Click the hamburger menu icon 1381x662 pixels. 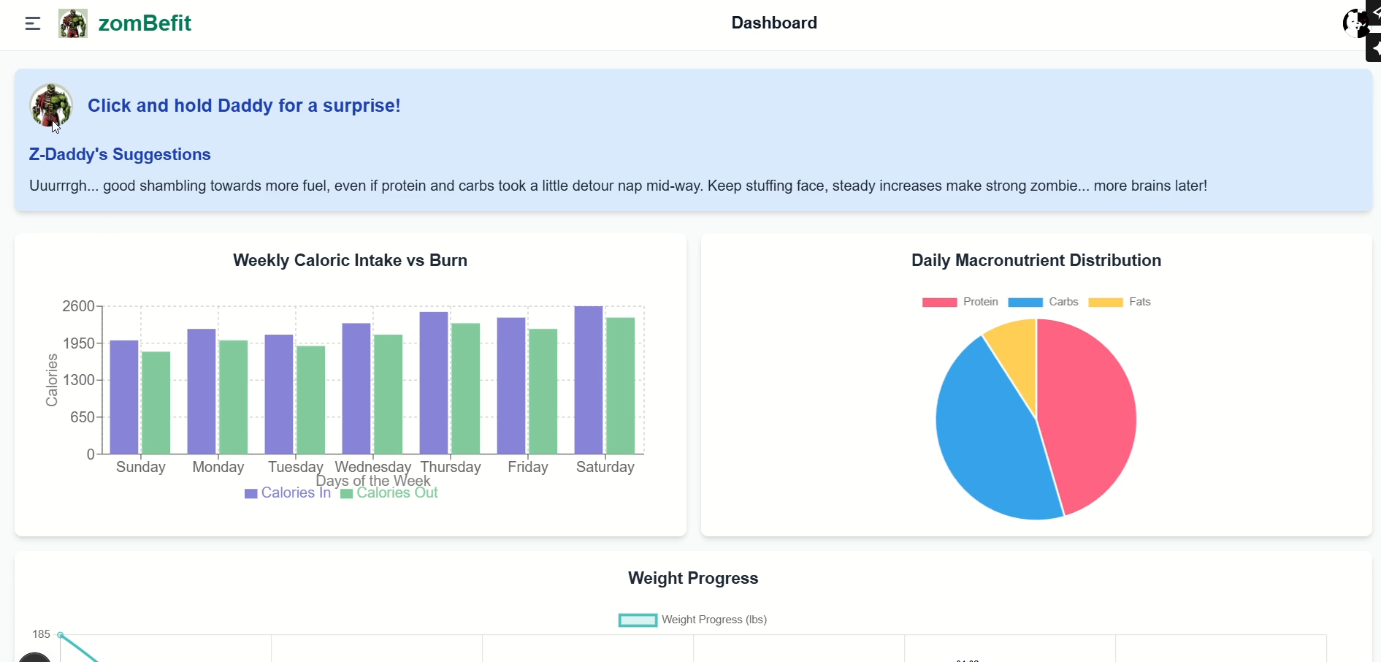coord(33,23)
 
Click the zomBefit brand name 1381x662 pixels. coord(145,23)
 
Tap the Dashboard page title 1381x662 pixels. coord(774,23)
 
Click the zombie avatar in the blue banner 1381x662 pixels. coord(50,105)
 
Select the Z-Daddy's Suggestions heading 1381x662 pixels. coord(120,154)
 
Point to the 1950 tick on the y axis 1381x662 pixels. coord(79,343)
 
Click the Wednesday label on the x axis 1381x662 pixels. coord(372,467)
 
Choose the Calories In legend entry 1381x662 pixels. coord(288,493)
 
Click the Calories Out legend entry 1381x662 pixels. coord(389,493)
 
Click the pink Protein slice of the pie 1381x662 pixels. coord(1087,416)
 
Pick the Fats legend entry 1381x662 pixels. coord(1120,302)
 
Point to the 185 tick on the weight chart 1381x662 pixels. coord(41,634)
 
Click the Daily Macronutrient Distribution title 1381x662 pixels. coord(1036,260)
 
